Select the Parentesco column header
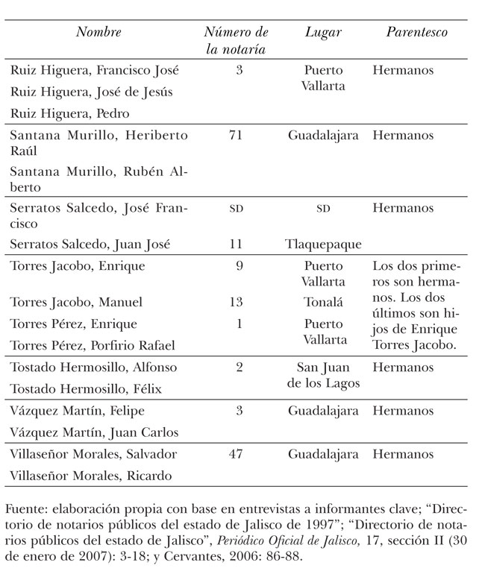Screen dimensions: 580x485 click(416, 33)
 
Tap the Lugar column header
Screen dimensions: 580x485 click(323, 33)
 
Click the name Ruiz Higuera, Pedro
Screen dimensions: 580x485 click(70, 113)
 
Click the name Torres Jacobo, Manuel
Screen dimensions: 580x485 click(76, 302)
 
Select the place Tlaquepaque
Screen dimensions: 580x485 click(323, 244)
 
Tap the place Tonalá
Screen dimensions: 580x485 click(323, 302)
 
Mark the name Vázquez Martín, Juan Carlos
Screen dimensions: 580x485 click(94, 432)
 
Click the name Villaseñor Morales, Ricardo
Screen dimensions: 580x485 click(91, 476)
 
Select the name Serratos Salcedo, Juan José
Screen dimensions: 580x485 click(91, 244)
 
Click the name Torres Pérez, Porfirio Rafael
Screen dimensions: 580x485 click(92, 345)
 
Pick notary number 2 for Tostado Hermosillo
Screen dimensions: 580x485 click(238, 368)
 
